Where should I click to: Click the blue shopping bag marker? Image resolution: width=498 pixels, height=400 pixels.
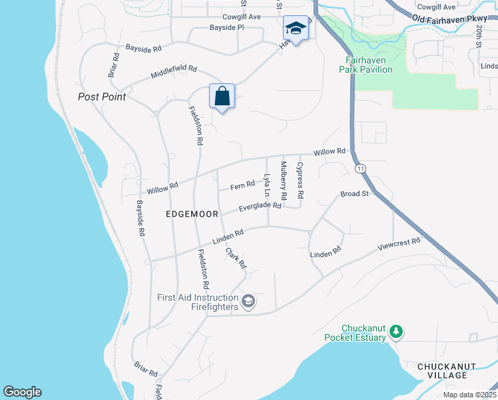coord(222,96)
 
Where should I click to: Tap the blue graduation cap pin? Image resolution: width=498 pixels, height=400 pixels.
coord(296,29)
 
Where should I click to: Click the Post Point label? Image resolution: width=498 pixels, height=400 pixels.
coord(102,97)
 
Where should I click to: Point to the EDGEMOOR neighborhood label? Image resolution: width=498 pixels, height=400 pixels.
coord(192,215)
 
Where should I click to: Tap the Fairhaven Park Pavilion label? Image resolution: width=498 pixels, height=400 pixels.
coord(365,64)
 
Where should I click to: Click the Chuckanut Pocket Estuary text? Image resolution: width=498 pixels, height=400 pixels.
coord(355,333)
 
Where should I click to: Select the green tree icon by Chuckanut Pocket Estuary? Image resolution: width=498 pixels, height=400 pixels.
coord(396,331)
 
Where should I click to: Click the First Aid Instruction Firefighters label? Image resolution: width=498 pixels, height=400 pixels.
coord(198,302)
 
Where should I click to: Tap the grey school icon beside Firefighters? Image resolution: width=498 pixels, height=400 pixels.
coord(248,303)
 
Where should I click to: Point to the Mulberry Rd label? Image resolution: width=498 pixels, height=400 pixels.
coord(284,181)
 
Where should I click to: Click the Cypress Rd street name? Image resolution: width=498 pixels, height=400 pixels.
coord(300,181)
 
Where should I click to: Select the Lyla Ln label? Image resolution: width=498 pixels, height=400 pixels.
coord(267,185)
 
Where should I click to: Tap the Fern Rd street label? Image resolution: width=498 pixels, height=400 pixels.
coord(242,186)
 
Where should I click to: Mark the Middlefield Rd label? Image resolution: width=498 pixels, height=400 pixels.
coord(174,69)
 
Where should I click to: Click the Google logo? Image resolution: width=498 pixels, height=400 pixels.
coord(22,392)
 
